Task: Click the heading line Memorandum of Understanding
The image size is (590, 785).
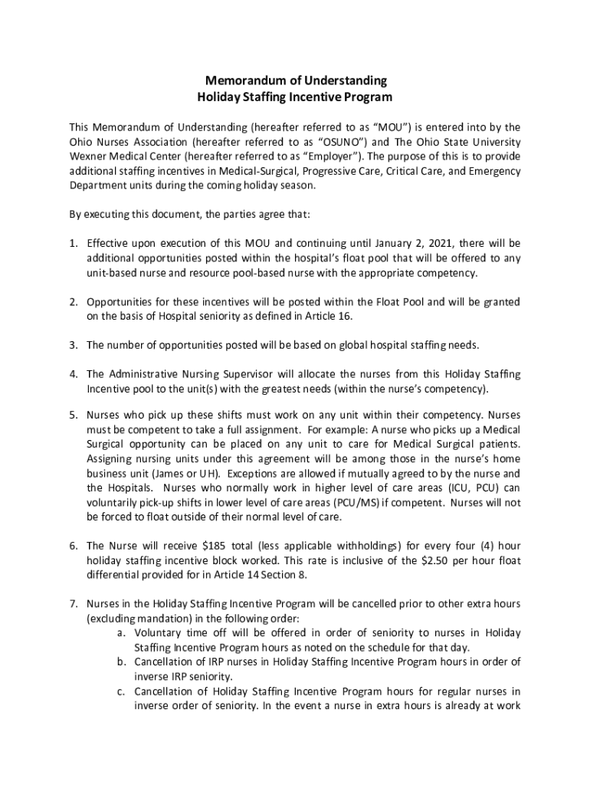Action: (x=295, y=80)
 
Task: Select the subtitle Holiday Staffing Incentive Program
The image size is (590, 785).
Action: (x=295, y=97)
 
